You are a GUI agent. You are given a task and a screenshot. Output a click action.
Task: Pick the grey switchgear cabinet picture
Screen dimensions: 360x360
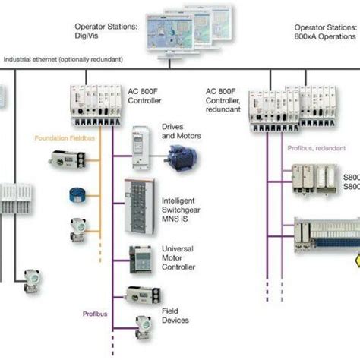click(139, 202)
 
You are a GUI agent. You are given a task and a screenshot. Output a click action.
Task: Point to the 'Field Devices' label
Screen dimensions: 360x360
click(175, 314)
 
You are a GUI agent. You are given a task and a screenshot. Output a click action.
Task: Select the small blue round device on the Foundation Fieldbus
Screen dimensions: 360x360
click(75, 193)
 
